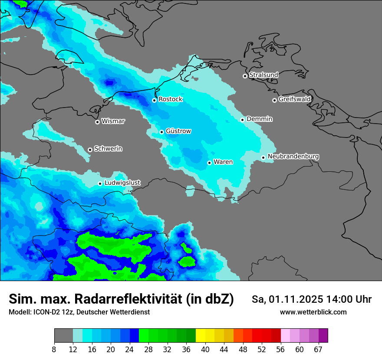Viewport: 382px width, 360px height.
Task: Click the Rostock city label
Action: click(x=170, y=99)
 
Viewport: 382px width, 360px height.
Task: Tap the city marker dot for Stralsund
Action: click(x=245, y=76)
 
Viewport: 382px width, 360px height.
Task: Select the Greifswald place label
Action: click(x=294, y=99)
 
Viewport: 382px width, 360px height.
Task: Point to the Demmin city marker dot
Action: click(x=243, y=120)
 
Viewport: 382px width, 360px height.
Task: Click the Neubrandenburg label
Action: click(x=293, y=157)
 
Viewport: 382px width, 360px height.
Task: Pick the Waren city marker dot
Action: click(x=209, y=163)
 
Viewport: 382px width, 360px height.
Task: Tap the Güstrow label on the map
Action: click(x=178, y=131)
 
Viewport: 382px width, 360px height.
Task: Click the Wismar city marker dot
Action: click(x=97, y=122)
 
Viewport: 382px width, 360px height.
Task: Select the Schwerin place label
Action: click(x=108, y=149)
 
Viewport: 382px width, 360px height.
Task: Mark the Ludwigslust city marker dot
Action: click(x=100, y=183)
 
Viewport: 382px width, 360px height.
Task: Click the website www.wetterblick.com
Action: click(x=313, y=312)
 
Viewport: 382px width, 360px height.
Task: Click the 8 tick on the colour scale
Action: click(x=54, y=350)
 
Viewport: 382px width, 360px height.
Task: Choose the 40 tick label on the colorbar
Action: click(x=205, y=350)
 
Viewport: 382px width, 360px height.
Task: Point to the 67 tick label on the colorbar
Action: click(x=318, y=350)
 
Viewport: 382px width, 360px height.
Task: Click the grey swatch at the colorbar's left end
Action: click(x=63, y=336)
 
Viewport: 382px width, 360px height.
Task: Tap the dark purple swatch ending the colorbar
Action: click(x=323, y=336)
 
